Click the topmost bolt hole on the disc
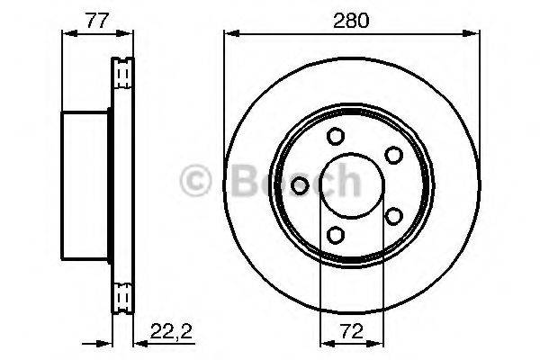[x=336, y=137]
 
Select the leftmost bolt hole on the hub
[x=301, y=185]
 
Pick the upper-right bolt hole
[x=392, y=155]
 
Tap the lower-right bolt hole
[x=392, y=215]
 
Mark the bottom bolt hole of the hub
[x=336, y=235]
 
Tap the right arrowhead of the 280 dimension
[x=470, y=34]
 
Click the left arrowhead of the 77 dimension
[x=66, y=34]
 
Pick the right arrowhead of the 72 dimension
[x=379, y=342]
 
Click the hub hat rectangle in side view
[x=85, y=185]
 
